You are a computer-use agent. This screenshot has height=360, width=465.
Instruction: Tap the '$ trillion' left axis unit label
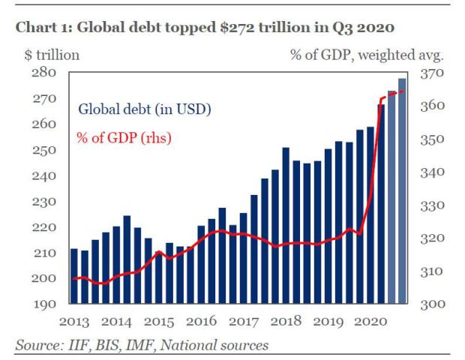47,54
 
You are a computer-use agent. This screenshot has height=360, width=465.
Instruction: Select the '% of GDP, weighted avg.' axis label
367,54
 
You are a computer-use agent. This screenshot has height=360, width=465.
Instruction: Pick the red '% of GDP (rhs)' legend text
124,138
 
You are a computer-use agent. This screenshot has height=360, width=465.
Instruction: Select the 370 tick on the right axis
436,73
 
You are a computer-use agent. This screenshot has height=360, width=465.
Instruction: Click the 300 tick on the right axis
436,304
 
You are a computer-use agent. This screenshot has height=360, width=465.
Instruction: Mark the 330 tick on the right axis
436,205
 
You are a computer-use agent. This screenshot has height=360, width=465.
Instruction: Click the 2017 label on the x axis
244,323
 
